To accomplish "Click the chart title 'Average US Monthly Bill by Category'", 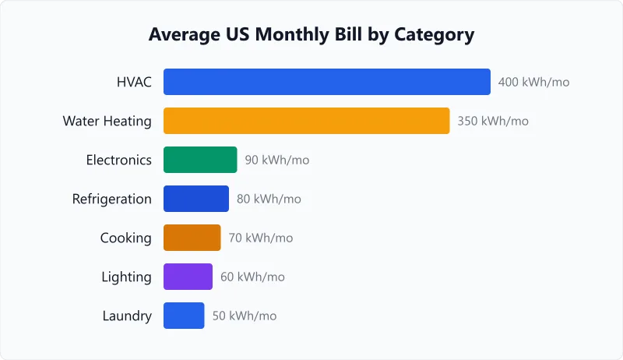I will (311, 35).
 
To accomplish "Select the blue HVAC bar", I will (327, 82).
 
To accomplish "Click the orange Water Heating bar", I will (306, 121).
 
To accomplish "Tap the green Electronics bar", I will (200, 160).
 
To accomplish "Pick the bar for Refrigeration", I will (196, 199).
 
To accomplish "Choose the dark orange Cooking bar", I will (192, 238).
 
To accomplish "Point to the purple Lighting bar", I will (188, 277).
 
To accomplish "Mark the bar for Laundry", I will (184, 316).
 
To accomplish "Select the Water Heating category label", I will (107, 121).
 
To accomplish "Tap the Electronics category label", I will (118, 160).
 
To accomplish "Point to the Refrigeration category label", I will (112, 199).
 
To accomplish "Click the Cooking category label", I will (126, 238).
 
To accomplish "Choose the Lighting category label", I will (126, 277).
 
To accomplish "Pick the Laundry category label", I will (127, 316).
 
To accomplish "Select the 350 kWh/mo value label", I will (493, 121).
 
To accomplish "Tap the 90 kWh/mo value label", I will (276, 160).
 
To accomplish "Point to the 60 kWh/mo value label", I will (252, 277).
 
